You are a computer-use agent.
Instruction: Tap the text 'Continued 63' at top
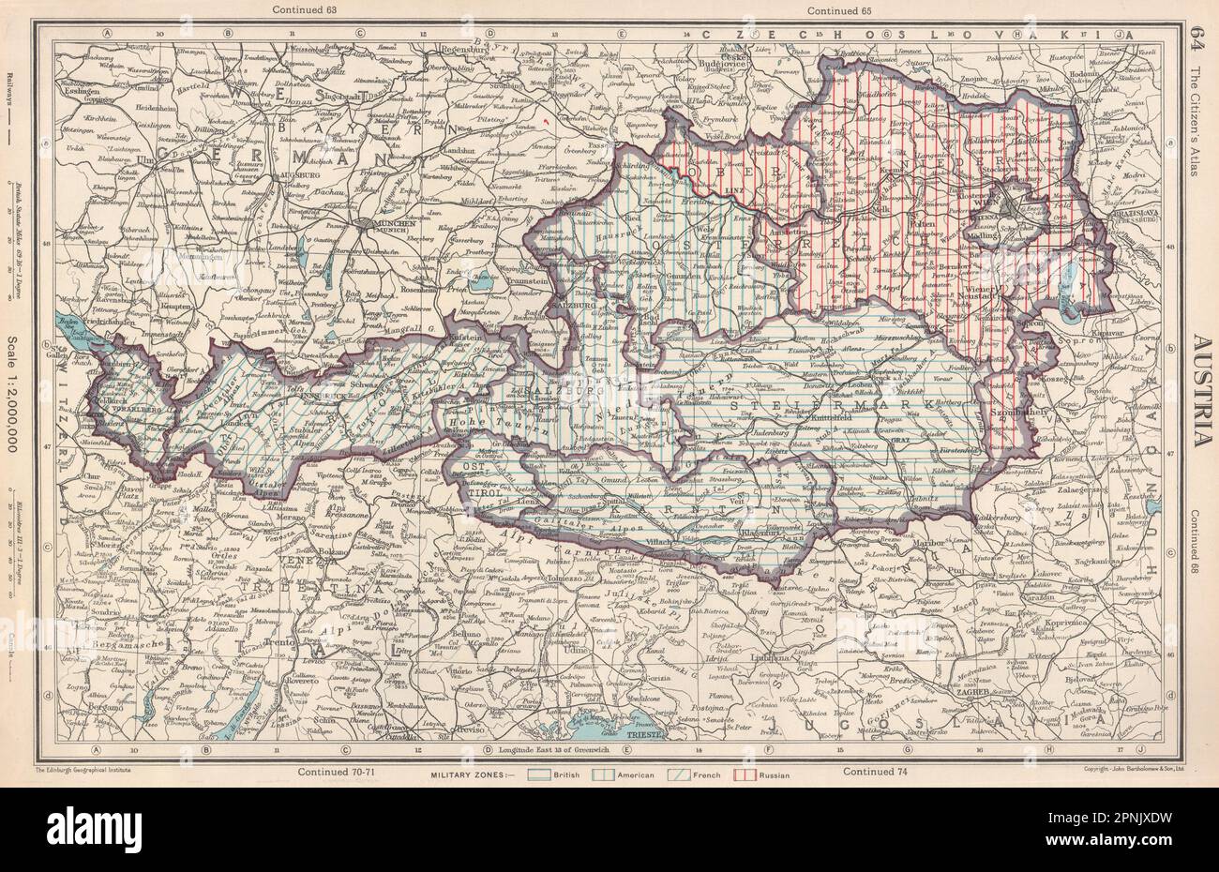302,9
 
